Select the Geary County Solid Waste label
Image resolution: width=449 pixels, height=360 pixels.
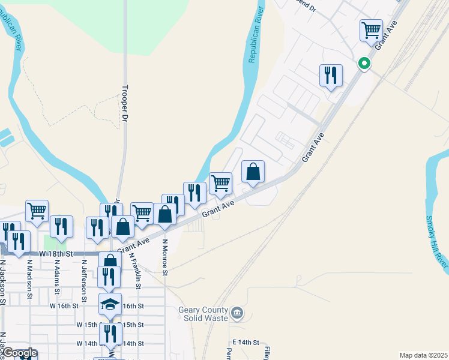click(x=203, y=314)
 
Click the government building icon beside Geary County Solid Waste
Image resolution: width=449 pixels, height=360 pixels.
click(x=238, y=313)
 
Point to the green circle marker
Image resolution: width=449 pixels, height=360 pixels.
click(x=364, y=63)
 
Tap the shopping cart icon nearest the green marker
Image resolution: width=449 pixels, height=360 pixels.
click(x=372, y=29)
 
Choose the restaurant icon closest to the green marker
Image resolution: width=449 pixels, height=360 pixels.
click(x=331, y=75)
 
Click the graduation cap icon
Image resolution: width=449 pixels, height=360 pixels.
click(x=110, y=304)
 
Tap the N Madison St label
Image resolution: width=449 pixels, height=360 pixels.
click(x=28, y=276)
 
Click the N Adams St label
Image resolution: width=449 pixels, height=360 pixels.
click(x=57, y=276)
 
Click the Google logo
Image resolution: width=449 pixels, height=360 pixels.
click(x=19, y=353)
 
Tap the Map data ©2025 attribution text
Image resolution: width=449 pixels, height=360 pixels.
click(x=423, y=355)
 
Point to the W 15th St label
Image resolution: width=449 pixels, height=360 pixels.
click(x=86, y=325)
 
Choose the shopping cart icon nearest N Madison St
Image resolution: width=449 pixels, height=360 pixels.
click(x=37, y=211)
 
